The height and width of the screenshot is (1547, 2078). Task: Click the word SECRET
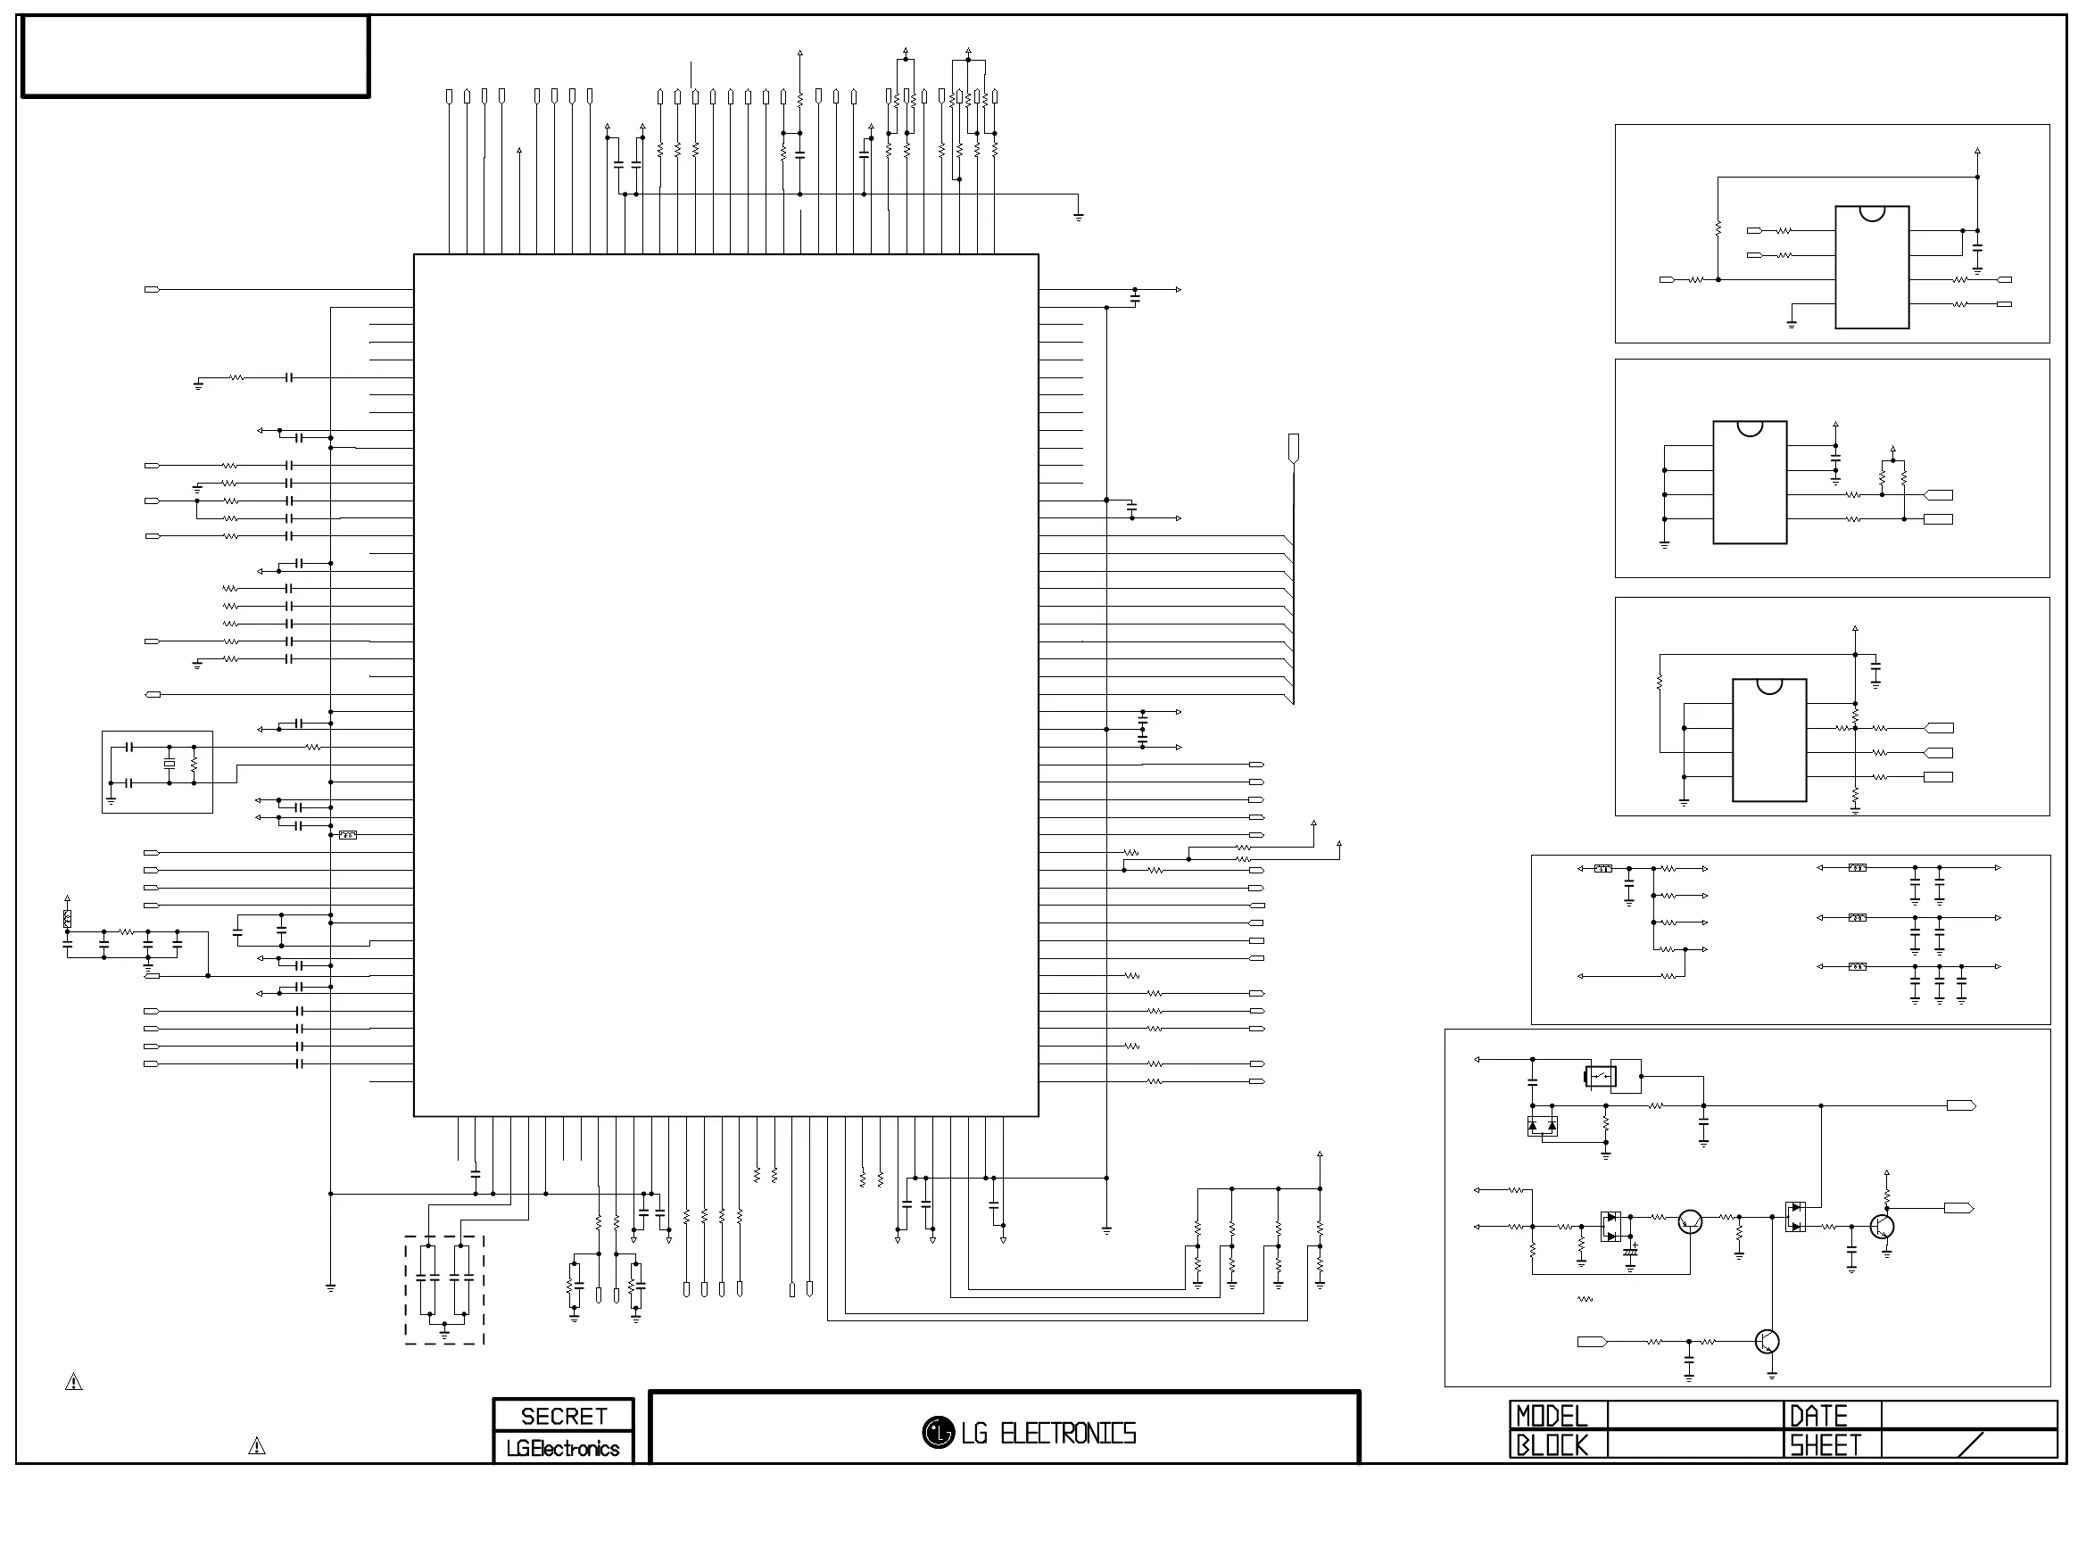tap(563, 1416)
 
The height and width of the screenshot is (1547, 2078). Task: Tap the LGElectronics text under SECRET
tap(563, 1449)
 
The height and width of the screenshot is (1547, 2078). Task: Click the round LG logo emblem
tap(938, 1432)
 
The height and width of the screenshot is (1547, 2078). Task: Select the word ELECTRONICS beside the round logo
tap(1068, 1434)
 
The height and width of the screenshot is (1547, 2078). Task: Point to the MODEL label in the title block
tap(1552, 1416)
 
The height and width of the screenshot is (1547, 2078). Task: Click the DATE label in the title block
tap(1818, 1416)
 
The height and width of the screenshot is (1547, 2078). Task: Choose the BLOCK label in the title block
tap(1552, 1446)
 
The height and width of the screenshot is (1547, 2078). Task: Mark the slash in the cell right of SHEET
tap(1970, 1445)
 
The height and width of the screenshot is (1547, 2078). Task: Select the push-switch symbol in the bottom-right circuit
tap(1601, 1076)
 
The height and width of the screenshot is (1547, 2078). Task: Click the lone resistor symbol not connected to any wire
tap(1585, 1299)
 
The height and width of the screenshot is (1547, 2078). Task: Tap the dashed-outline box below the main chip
tap(443, 1290)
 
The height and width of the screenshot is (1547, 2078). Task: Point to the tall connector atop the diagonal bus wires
tap(1293, 448)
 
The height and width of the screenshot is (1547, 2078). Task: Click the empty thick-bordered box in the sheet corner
tap(195, 56)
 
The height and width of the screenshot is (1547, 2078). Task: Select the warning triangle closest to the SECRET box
tap(257, 1447)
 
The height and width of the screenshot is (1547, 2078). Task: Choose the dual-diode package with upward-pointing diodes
tap(1542, 1126)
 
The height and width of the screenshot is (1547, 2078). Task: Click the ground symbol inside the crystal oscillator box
tap(112, 799)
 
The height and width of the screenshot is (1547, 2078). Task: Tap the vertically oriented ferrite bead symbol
tap(68, 919)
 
